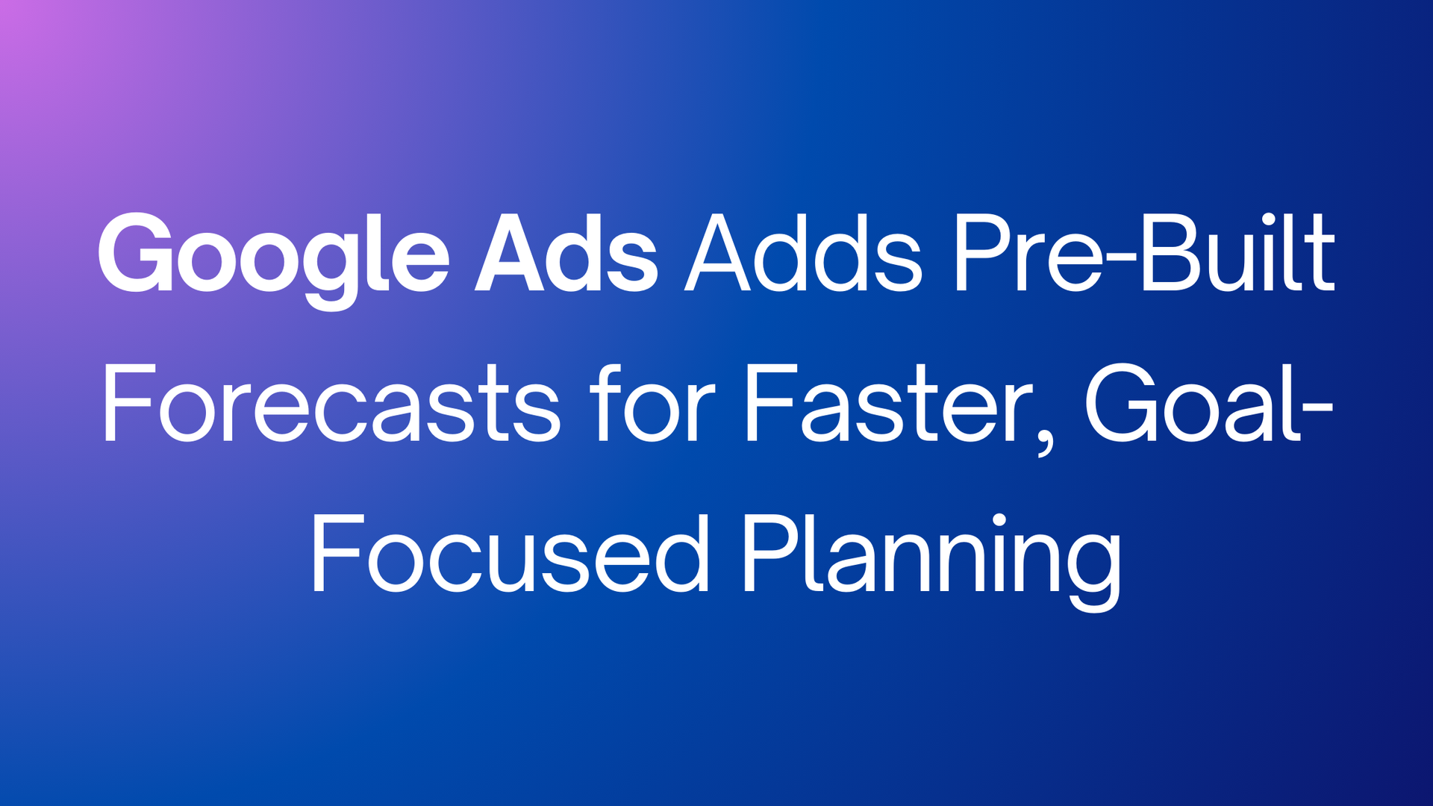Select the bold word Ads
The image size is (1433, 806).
pyautogui.click(x=566, y=252)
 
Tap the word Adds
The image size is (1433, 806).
pyautogui.click(x=804, y=252)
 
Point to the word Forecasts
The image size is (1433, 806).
pyautogui.click(x=331, y=404)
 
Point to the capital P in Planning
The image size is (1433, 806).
pyautogui.click(x=773, y=553)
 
